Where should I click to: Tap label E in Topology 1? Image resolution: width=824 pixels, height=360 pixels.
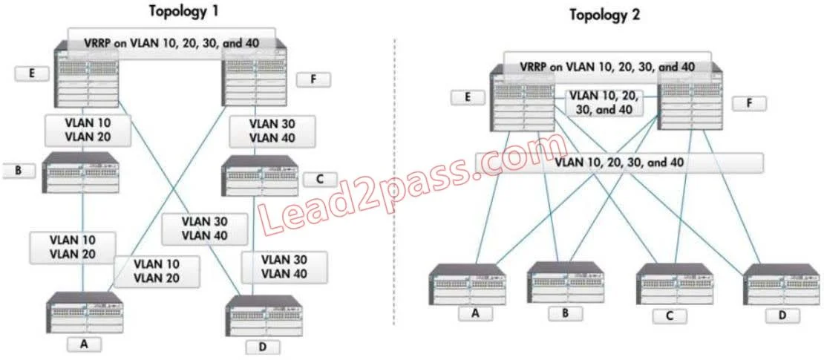[32, 73]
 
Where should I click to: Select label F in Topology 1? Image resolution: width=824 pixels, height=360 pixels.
[314, 80]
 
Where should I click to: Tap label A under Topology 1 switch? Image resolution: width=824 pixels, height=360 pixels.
[84, 344]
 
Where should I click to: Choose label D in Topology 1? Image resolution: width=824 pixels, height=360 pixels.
[263, 347]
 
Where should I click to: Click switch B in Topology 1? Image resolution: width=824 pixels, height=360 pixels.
[82, 172]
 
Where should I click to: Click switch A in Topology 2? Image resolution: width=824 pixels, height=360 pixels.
[467, 284]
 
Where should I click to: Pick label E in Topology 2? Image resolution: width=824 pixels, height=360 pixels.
[467, 98]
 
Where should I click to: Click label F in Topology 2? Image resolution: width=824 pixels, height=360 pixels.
[749, 103]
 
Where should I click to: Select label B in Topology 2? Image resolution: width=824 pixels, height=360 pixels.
[566, 314]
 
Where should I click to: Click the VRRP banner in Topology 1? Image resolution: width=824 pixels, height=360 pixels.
[171, 43]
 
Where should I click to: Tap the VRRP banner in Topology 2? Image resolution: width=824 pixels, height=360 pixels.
[607, 67]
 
